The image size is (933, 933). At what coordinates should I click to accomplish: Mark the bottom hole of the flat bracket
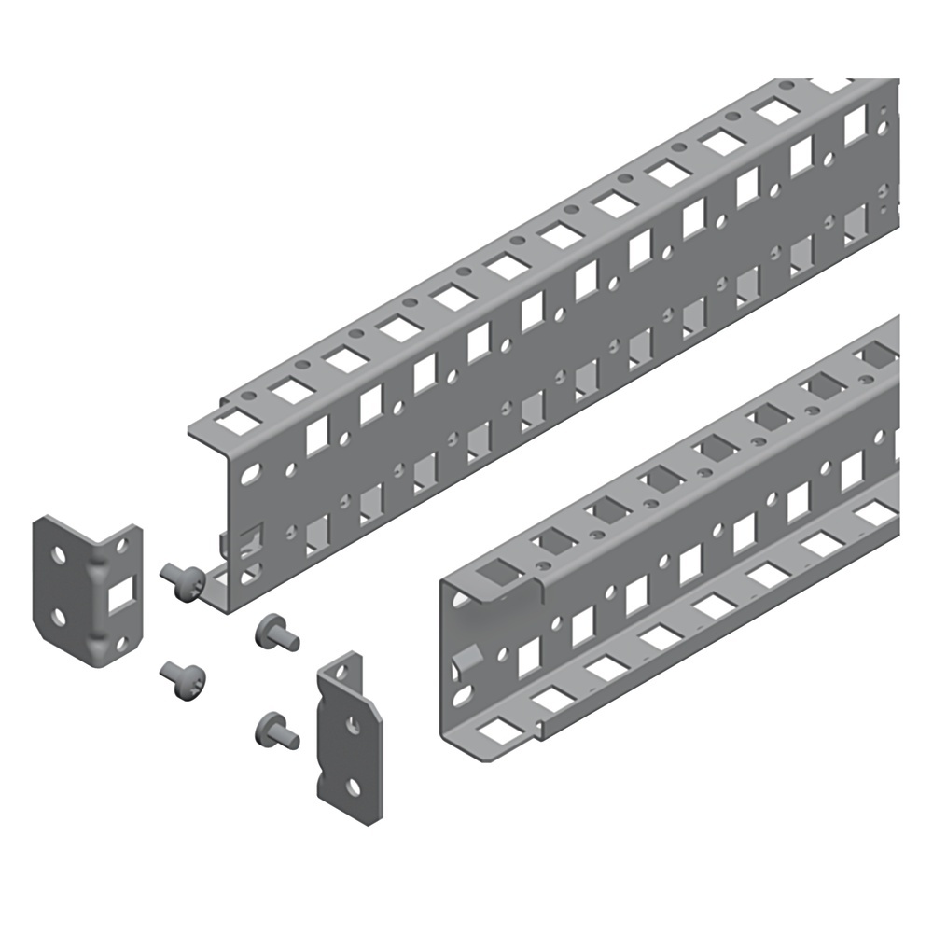[353, 787]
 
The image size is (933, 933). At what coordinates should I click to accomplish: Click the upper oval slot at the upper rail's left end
[247, 475]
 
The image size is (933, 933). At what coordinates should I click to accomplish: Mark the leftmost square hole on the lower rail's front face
[529, 651]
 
